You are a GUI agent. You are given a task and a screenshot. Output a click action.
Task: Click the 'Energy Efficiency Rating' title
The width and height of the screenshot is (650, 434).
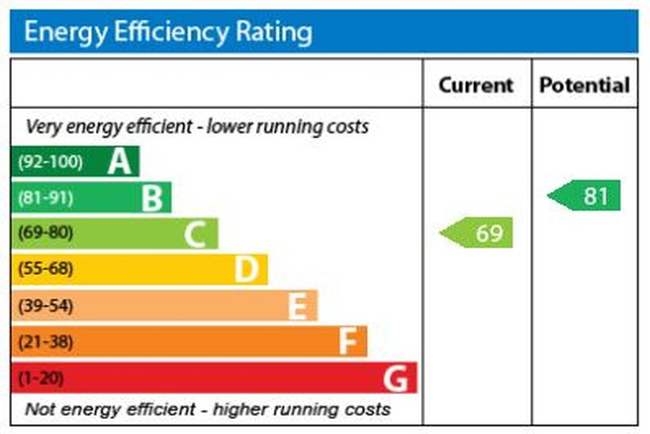168,33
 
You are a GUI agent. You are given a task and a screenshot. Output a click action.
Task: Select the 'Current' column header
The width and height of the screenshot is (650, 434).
476,85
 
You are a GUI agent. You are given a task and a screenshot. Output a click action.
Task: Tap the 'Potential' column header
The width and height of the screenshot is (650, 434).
584,85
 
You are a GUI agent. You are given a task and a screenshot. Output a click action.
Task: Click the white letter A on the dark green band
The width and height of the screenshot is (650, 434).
119,162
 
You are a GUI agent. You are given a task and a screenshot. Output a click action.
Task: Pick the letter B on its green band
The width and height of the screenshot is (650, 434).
151,198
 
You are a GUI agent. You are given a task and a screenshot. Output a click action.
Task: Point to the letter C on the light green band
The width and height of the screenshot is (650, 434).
196,234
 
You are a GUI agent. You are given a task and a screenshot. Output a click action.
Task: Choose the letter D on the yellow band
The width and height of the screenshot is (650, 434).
247,270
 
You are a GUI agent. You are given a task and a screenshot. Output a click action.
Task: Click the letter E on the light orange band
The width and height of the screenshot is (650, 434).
296,306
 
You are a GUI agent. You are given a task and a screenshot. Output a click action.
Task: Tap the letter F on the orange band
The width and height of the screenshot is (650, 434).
347,342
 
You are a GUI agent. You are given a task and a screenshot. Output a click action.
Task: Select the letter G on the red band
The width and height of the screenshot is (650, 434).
396,378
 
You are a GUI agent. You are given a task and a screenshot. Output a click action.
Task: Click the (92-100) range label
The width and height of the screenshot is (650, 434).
50,162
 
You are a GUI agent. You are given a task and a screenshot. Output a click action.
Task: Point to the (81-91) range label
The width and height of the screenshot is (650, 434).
45,198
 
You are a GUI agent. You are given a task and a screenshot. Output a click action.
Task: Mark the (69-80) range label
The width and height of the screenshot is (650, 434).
45,233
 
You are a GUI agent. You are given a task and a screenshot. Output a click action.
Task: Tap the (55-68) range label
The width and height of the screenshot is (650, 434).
45,269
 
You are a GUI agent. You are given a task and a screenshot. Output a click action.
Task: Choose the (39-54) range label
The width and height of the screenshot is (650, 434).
45,305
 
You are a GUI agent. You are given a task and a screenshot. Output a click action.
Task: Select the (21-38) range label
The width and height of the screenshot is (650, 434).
45,342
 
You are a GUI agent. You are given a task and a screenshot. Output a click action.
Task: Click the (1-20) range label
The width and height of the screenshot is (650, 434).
40,378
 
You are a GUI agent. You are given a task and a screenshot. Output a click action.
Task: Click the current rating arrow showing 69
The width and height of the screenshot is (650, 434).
478,233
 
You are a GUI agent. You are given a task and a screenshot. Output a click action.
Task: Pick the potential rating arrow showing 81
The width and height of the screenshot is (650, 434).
586,196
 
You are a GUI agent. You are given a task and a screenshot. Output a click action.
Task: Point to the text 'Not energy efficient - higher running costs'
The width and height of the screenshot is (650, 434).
208,409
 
